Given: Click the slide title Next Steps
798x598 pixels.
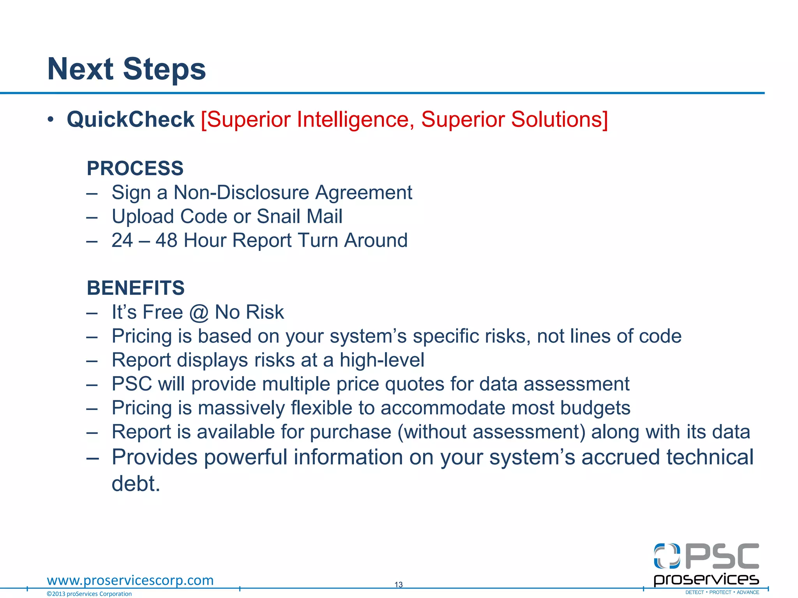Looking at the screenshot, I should [126, 69].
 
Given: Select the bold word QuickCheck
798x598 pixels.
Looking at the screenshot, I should [131, 119].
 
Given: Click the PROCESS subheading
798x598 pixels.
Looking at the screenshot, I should [135, 168].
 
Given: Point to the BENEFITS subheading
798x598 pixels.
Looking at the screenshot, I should [136, 288].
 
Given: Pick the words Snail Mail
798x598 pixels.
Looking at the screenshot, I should [299, 216].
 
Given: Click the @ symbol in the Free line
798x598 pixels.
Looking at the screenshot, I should [199, 312].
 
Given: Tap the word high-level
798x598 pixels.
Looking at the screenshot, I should [382, 360].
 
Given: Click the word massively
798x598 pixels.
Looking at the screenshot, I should [241, 408].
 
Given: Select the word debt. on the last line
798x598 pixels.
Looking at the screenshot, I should [136, 484].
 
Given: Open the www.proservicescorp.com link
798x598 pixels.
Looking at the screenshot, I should [130, 580].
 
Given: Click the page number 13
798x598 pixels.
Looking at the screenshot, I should [398, 584].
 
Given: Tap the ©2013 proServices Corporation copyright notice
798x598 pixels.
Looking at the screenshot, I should [89, 594].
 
